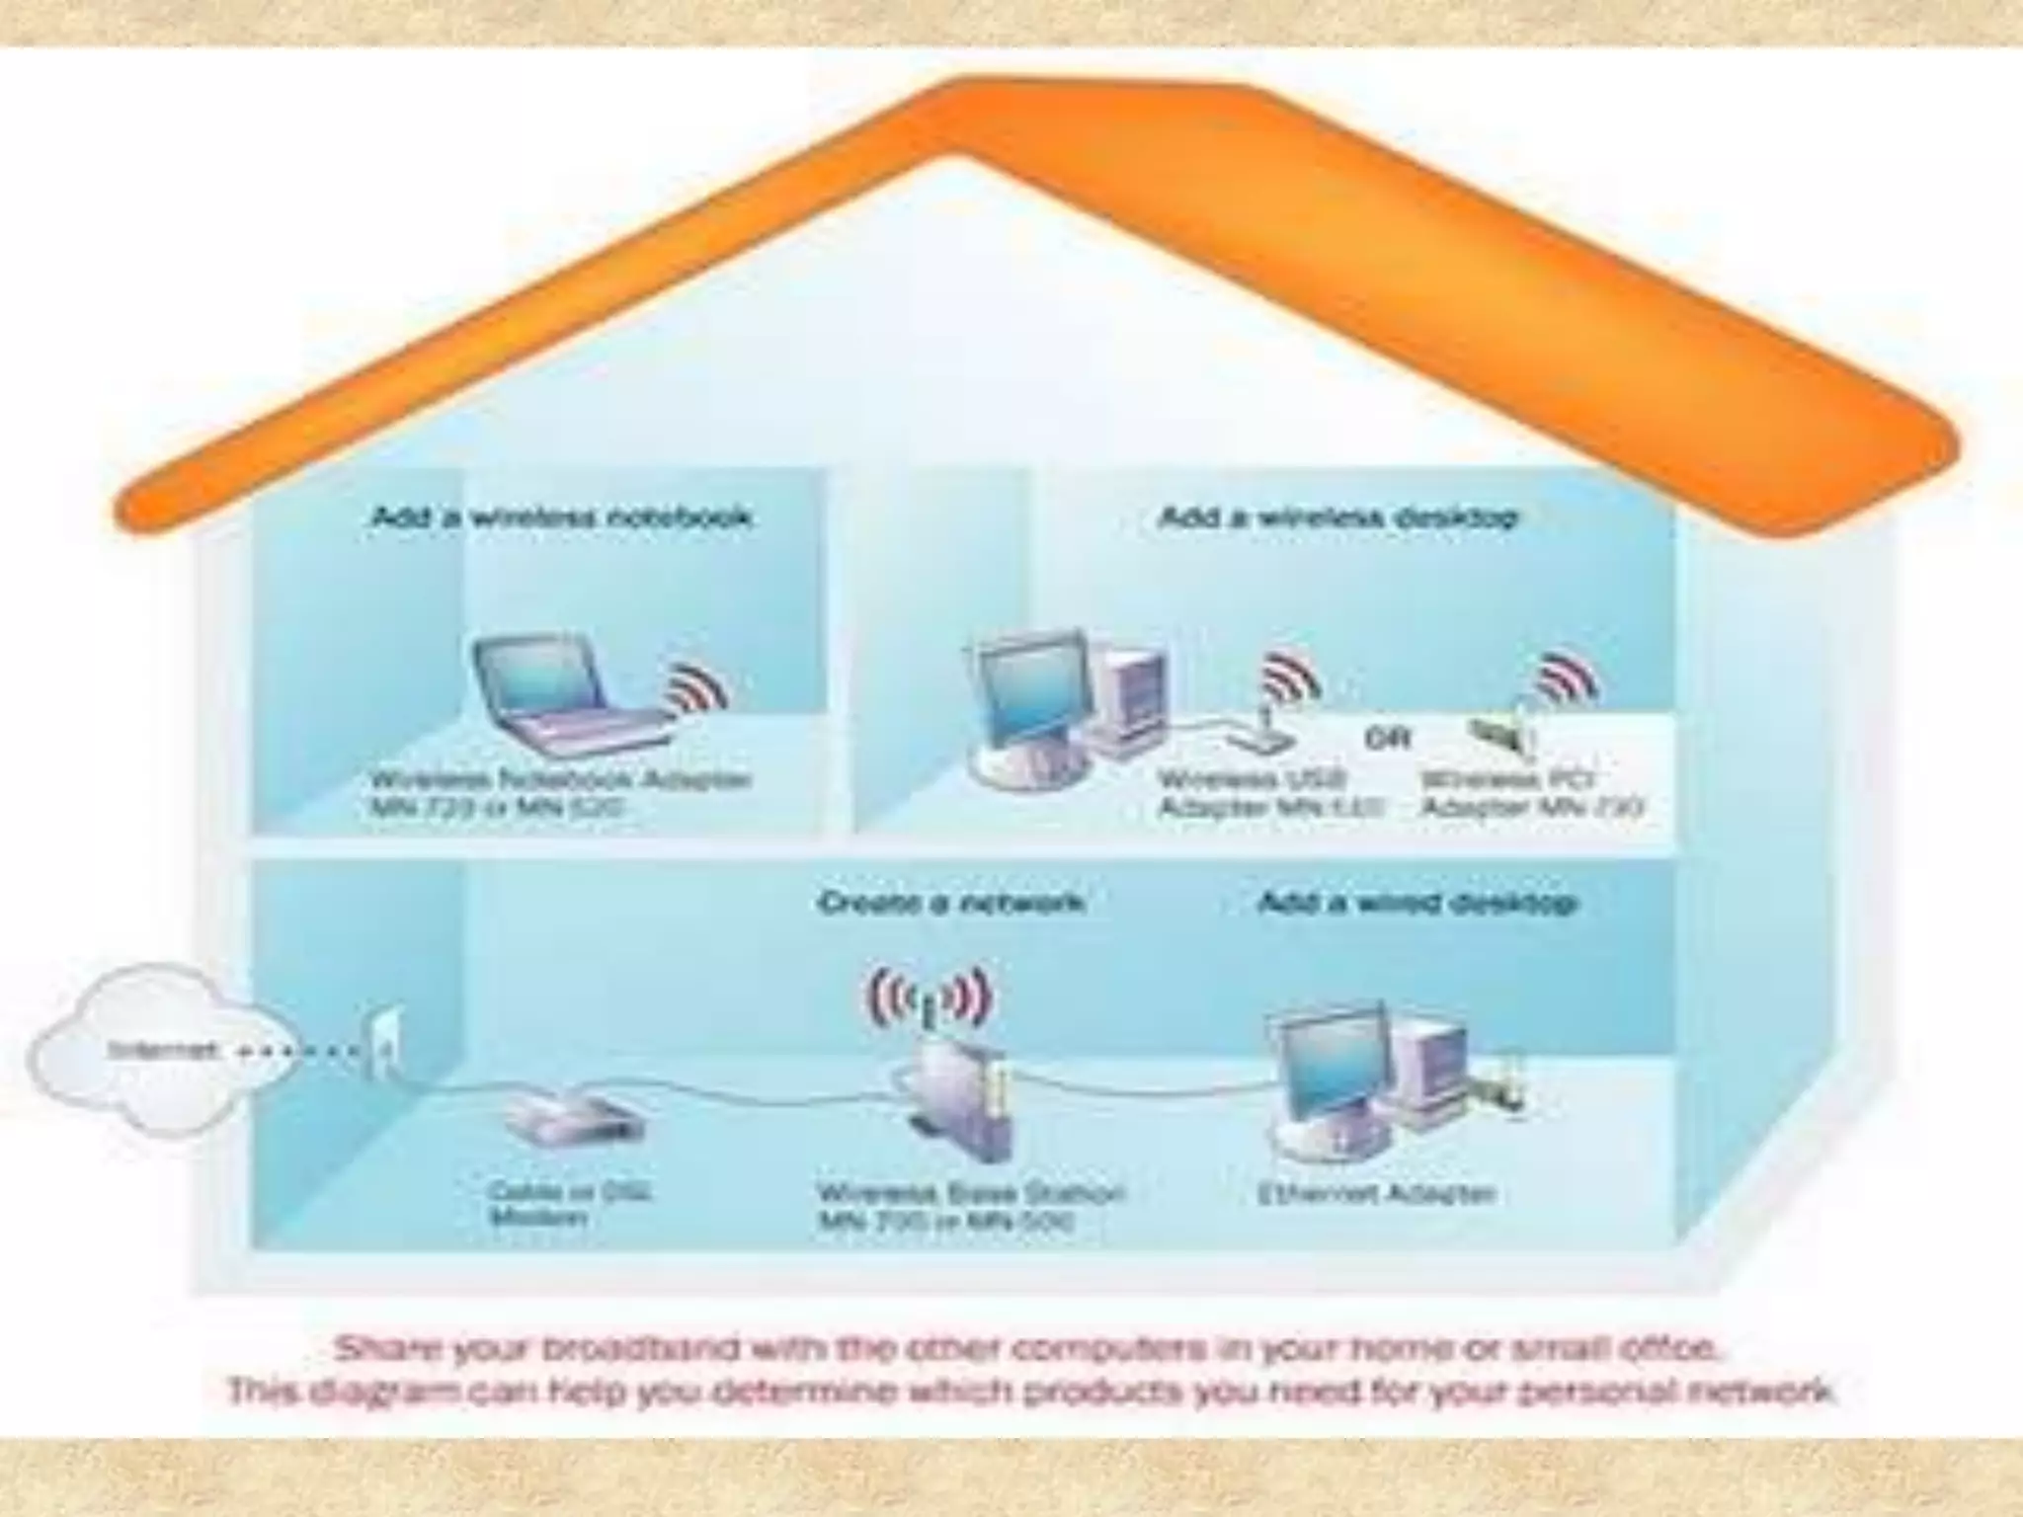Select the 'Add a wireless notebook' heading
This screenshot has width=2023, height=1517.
[x=561, y=517]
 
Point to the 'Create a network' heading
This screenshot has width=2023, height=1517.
[x=951, y=902]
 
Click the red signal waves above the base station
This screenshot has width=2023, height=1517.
[x=929, y=998]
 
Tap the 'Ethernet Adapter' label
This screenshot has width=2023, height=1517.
[x=1376, y=1193]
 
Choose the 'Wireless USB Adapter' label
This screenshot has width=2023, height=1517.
[x=1269, y=793]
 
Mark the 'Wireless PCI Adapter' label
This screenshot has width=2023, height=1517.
[x=1531, y=793]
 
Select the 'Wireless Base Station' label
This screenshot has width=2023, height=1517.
[x=971, y=1206]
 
